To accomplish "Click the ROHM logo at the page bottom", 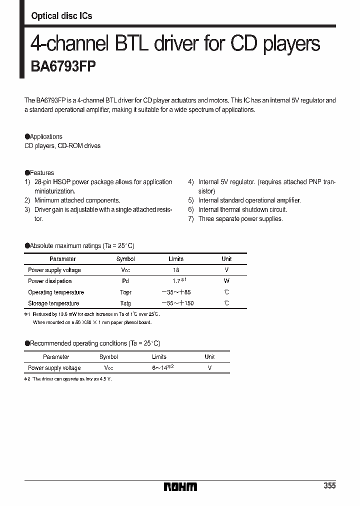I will pyautogui.click(x=180, y=486).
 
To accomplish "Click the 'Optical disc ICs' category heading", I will pyautogui.click(x=61, y=16).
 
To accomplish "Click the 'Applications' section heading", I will pyautogui.click(x=45, y=136).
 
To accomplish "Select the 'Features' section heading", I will pyautogui.click(x=41, y=173).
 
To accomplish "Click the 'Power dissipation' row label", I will pyautogui.click(x=50, y=281).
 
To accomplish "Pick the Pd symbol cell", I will pyautogui.click(x=125, y=281).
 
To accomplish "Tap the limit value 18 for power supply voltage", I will pyautogui.click(x=176, y=270).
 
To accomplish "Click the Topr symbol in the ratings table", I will pyautogui.click(x=125, y=292).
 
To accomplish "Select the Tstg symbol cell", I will pyautogui.click(x=125, y=303).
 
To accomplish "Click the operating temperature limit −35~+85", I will pyautogui.click(x=176, y=292).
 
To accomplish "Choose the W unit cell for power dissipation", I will pyautogui.click(x=226, y=281).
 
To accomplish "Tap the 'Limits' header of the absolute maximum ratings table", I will pyautogui.click(x=176, y=259).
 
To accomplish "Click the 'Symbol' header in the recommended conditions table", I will pyautogui.click(x=108, y=357).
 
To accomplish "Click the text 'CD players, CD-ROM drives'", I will pyautogui.click(x=62, y=146).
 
